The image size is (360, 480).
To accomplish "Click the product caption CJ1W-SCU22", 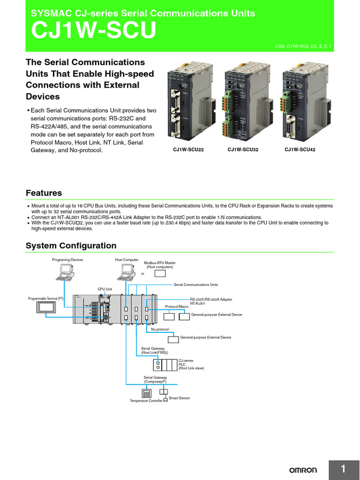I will pyautogui.click(x=189, y=150).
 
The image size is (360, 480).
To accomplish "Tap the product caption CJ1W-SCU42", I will pyautogui.click(x=300, y=150).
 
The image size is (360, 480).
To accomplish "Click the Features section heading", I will pyautogui.click(x=44, y=193).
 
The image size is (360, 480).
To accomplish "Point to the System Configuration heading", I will pyautogui.click(x=71, y=246).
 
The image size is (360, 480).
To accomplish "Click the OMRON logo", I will pyautogui.click(x=302, y=470).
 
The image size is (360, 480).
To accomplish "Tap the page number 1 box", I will pyautogui.click(x=343, y=469).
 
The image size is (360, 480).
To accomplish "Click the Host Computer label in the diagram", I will pyautogui.click(x=127, y=259).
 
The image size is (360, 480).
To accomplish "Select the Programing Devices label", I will pyautogui.click(x=67, y=259).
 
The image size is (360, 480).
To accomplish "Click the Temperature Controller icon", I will pyautogui.click(x=146, y=393).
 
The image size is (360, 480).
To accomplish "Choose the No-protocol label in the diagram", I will pyautogui.click(x=160, y=330).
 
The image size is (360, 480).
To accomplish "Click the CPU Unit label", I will pyautogui.click(x=105, y=289).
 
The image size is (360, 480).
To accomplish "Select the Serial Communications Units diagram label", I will pyautogui.click(x=195, y=285).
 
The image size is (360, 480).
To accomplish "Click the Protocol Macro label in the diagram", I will pyautogui.click(x=177, y=306).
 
